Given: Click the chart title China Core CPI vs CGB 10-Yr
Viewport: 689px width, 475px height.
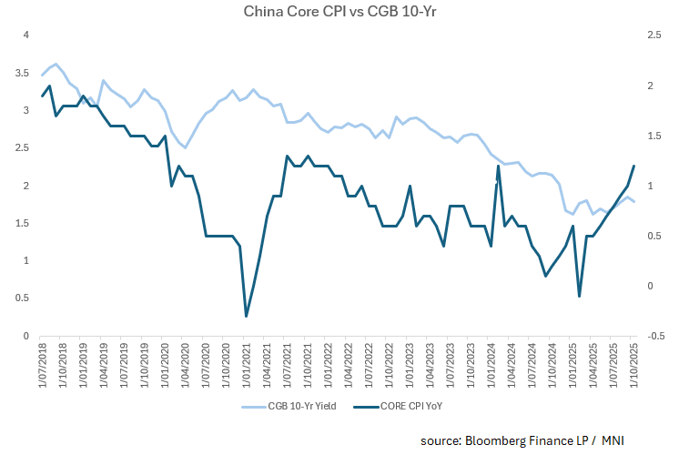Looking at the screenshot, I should [x=344, y=12].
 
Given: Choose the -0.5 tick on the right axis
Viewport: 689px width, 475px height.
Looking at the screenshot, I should [x=654, y=336].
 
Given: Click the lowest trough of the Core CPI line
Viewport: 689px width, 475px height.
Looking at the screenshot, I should [x=247, y=316].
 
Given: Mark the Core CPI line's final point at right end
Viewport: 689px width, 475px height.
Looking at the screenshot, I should [x=633, y=166].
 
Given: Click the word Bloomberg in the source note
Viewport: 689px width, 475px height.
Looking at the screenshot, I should [x=494, y=441].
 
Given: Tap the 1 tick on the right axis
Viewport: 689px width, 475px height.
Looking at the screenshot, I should [x=651, y=186].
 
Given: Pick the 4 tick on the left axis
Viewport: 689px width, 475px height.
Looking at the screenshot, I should [x=27, y=35].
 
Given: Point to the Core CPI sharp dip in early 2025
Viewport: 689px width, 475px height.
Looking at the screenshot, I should [x=579, y=296].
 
